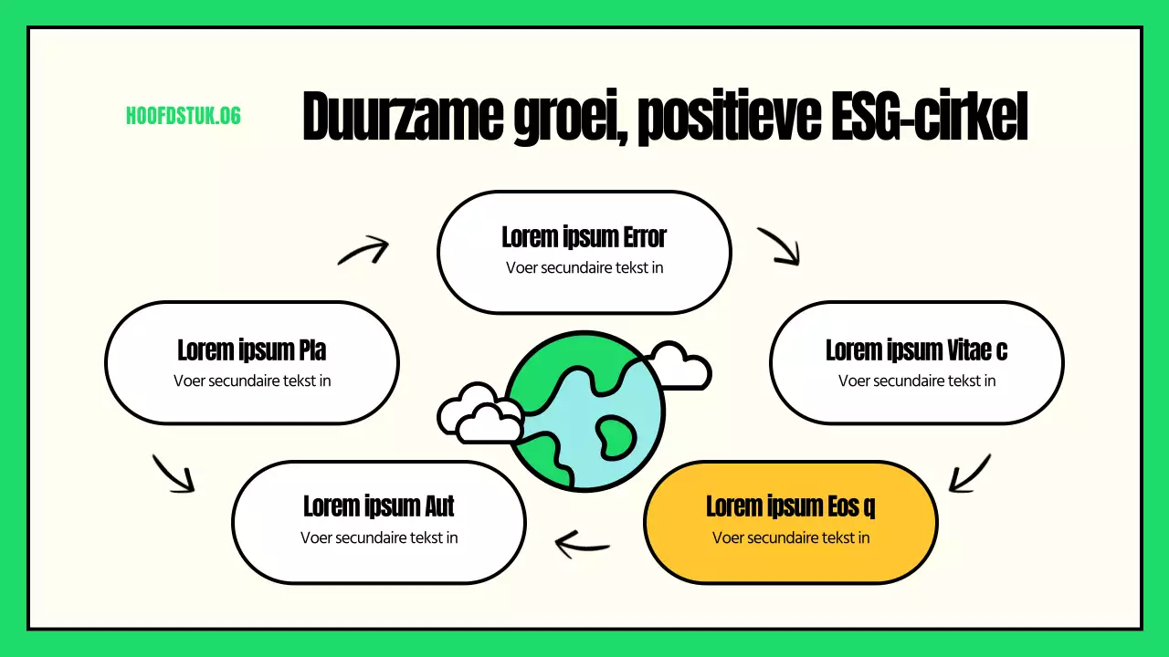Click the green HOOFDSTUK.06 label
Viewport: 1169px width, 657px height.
pyautogui.click(x=183, y=116)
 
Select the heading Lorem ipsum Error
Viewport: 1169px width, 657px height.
pyautogui.click(x=584, y=237)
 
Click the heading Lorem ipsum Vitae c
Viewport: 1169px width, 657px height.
pyautogui.click(x=916, y=349)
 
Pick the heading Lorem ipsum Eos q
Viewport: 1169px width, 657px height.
pyautogui.click(x=791, y=506)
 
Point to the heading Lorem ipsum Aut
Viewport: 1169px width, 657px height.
pyautogui.click(x=378, y=506)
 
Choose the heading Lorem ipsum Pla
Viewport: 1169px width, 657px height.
pyautogui.click(x=251, y=349)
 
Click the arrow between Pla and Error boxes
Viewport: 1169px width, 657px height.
pyautogui.click(x=364, y=250)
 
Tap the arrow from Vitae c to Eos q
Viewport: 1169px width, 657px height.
pyautogui.click(x=969, y=474)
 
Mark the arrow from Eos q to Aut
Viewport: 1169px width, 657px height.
pyautogui.click(x=582, y=545)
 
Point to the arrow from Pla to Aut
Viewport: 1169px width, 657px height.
pyautogui.click(x=174, y=474)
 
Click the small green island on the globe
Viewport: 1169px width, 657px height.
pyautogui.click(x=615, y=433)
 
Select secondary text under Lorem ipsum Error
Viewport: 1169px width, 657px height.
pyautogui.click(x=584, y=267)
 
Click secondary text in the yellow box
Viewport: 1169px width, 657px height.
pyautogui.click(x=791, y=537)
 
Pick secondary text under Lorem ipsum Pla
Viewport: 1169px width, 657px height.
pyautogui.click(x=251, y=381)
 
